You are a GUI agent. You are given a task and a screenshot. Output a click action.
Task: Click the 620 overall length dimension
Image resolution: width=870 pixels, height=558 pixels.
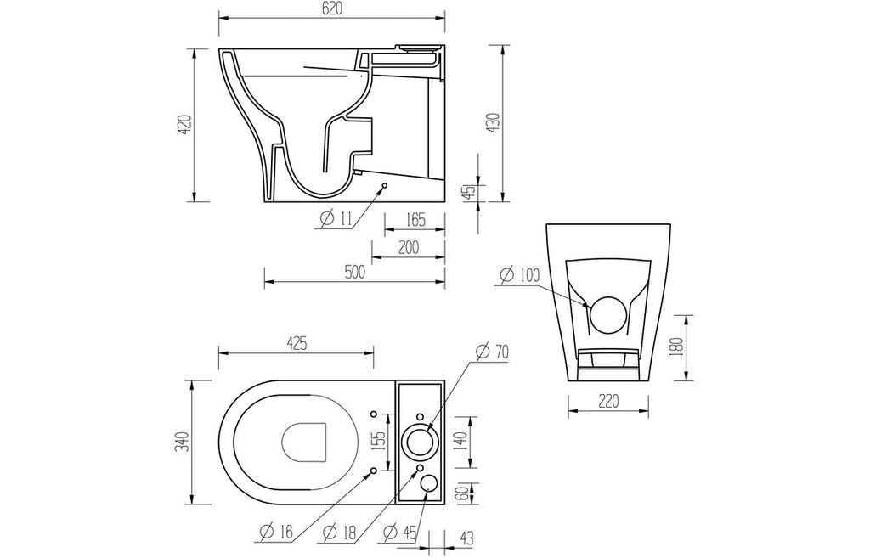coord(332,8)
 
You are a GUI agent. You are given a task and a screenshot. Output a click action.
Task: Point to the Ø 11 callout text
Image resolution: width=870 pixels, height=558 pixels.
coord(336,218)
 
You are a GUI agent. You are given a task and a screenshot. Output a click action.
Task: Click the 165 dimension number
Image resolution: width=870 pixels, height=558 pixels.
coord(414,220)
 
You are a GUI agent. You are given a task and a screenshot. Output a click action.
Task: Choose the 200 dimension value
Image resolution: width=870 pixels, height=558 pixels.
coord(408,247)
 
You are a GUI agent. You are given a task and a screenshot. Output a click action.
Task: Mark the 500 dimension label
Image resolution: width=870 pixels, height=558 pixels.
coord(354,273)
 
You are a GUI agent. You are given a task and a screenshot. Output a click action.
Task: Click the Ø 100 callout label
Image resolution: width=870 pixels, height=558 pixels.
coord(519,274)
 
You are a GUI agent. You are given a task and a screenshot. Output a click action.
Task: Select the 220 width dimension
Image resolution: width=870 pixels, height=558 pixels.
coord(608,401)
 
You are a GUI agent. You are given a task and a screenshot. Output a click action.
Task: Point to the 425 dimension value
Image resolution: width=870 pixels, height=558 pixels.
coord(296,343)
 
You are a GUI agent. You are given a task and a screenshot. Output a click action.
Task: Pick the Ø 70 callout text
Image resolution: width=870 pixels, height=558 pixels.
coord(492,352)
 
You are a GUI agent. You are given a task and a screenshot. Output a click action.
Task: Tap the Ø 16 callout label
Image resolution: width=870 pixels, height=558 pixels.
coord(276,533)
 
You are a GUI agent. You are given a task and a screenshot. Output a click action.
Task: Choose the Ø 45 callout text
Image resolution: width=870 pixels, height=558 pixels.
coord(399,533)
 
